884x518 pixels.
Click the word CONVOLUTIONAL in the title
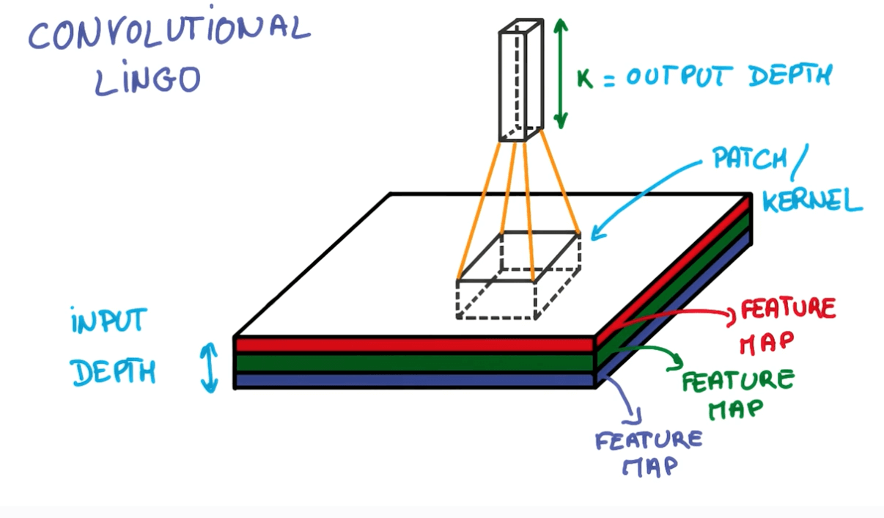click(169, 33)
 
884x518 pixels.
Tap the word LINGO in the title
click(147, 79)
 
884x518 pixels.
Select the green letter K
click(584, 77)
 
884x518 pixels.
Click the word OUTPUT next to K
click(679, 76)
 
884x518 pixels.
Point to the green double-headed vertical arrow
click(561, 73)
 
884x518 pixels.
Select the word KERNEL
click(812, 199)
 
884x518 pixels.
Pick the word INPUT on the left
click(109, 321)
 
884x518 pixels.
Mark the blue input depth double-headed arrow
click(210, 367)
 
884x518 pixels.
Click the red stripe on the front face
click(414, 345)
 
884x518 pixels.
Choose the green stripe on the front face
click(414, 362)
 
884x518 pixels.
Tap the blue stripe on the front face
click(414, 380)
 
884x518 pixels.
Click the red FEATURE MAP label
click(786, 323)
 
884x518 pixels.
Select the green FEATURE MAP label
click(737, 393)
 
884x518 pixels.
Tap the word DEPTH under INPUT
click(114, 372)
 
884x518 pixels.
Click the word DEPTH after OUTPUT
click(791, 76)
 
